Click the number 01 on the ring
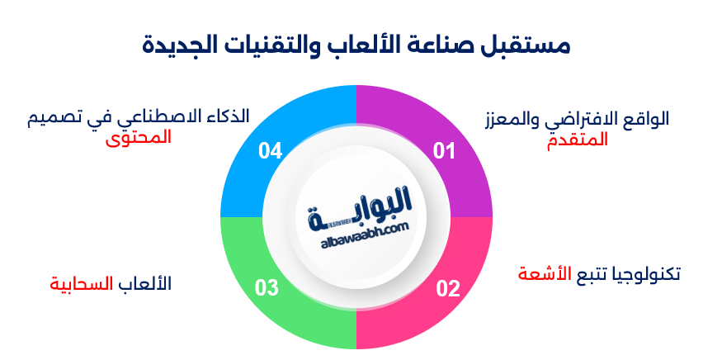(445, 151)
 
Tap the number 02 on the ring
(447, 288)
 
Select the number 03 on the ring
(267, 288)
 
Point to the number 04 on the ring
(270, 151)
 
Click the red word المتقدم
(578, 140)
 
